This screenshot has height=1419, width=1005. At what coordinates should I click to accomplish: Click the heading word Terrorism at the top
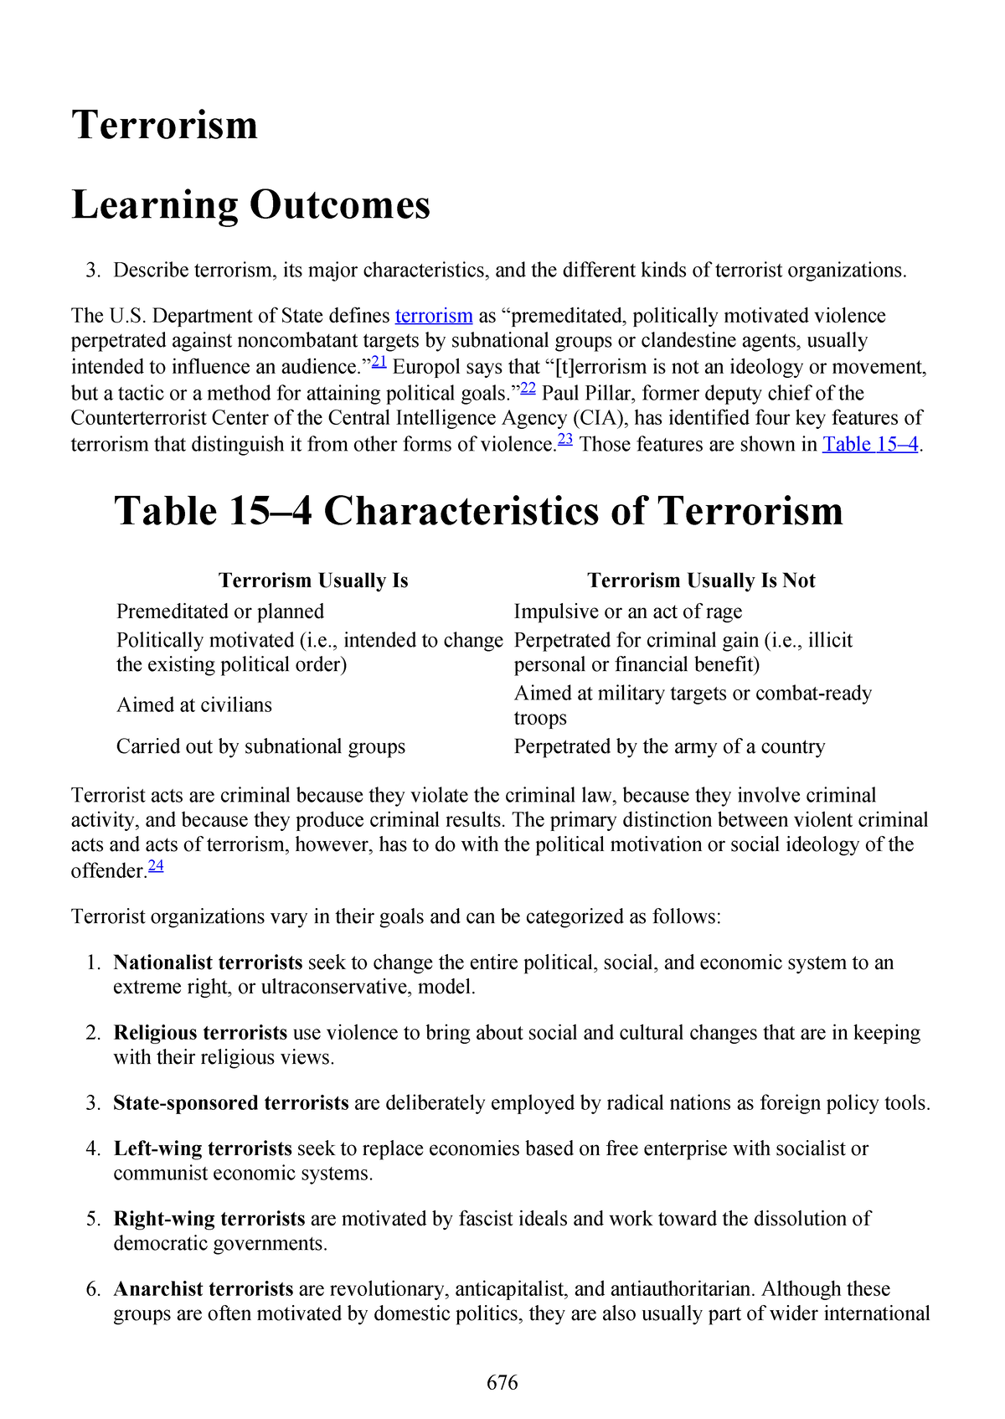(165, 126)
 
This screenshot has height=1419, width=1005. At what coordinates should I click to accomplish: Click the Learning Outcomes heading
(251, 205)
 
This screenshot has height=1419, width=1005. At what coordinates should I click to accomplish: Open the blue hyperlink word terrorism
(434, 316)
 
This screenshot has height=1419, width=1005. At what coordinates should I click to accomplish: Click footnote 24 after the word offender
(156, 866)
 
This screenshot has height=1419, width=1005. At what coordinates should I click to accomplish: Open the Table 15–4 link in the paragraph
(870, 444)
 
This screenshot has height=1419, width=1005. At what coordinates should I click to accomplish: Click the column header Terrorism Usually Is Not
(701, 580)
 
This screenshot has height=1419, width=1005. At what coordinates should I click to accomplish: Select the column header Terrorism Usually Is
(313, 580)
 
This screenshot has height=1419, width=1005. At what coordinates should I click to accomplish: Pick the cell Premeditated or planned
(220, 611)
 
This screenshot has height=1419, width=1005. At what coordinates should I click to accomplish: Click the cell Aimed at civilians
(194, 705)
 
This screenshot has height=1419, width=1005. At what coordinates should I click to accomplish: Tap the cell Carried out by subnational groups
(260, 746)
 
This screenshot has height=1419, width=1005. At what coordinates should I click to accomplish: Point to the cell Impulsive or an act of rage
(628, 611)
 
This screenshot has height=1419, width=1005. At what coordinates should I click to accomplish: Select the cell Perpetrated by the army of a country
(669, 746)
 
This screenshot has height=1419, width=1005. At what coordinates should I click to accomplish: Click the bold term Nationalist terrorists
(208, 962)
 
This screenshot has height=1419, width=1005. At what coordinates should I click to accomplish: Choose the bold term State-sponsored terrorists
(231, 1103)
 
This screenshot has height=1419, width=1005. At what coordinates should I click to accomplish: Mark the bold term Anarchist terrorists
(204, 1289)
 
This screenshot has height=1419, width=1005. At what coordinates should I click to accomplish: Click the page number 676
(502, 1383)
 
